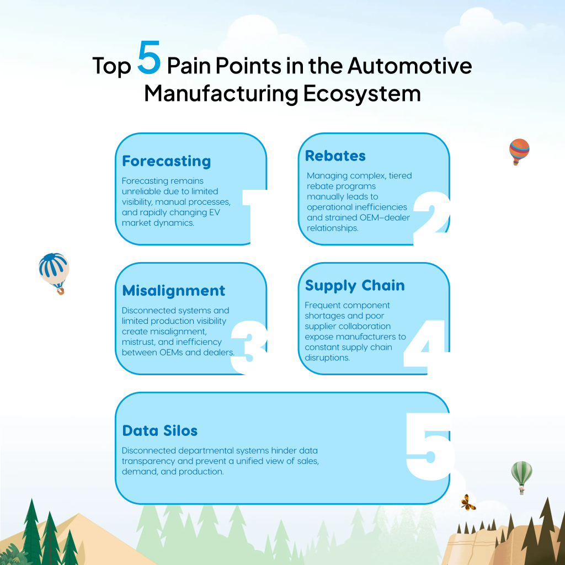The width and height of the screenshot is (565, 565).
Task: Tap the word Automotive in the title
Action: [409, 66]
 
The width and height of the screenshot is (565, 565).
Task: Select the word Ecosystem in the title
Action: [362, 93]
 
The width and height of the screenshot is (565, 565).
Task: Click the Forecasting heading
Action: [167, 161]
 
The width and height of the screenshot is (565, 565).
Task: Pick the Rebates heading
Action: [335, 156]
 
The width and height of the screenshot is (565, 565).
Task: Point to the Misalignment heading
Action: [174, 291]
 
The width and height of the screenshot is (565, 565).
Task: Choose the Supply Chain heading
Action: [355, 286]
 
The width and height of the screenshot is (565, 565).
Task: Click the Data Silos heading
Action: [160, 430]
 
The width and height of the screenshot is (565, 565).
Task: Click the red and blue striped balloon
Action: [519, 150]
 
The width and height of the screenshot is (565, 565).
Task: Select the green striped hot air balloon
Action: [521, 475]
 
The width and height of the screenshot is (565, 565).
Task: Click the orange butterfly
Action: [468, 502]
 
